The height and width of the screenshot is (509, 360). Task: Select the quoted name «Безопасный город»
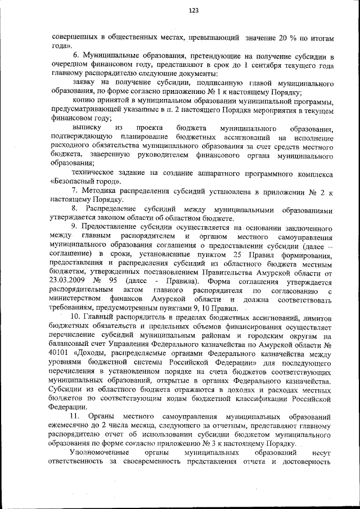pos(85,182)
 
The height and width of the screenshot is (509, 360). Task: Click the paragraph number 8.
pos(74,209)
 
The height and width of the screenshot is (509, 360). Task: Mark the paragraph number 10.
pos(76,318)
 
